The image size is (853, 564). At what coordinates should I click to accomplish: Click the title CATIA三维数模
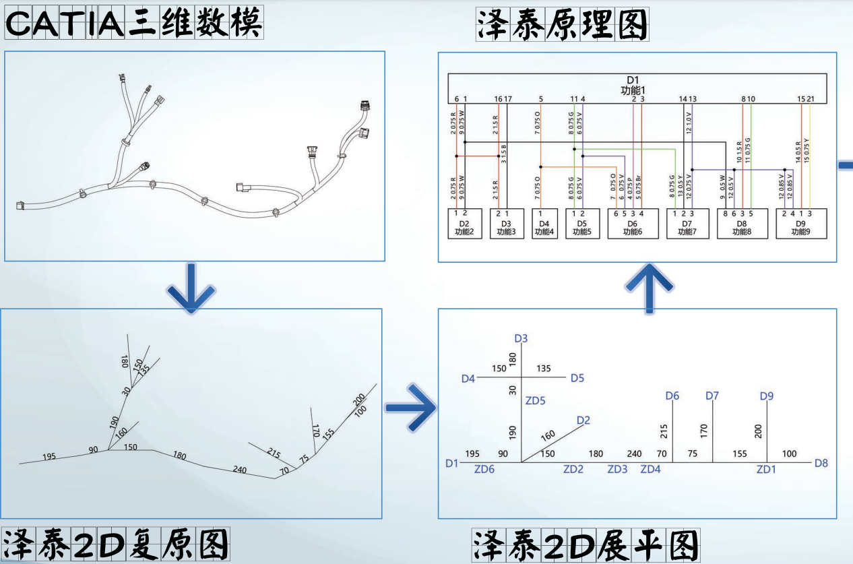click(133, 25)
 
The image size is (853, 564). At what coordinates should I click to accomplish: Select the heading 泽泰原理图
click(561, 25)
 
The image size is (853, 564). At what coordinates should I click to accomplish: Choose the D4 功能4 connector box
click(542, 224)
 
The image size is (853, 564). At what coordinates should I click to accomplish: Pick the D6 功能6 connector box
click(633, 224)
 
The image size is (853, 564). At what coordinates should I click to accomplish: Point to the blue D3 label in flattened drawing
click(520, 338)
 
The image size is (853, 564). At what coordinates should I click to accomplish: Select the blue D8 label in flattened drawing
click(821, 464)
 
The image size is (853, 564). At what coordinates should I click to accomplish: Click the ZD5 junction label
click(535, 401)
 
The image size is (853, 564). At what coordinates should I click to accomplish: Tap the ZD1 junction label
click(766, 469)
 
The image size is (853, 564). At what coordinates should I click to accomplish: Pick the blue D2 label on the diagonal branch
click(583, 420)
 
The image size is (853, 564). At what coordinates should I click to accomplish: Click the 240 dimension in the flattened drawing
click(634, 454)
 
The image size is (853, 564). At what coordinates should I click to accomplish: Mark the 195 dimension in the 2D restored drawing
click(49, 457)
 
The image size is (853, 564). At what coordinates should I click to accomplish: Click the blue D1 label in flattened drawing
click(451, 464)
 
